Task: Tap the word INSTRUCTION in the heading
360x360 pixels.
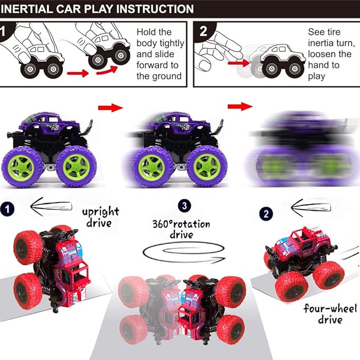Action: coord(159,9)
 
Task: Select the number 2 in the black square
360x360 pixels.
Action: coord(204,30)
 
